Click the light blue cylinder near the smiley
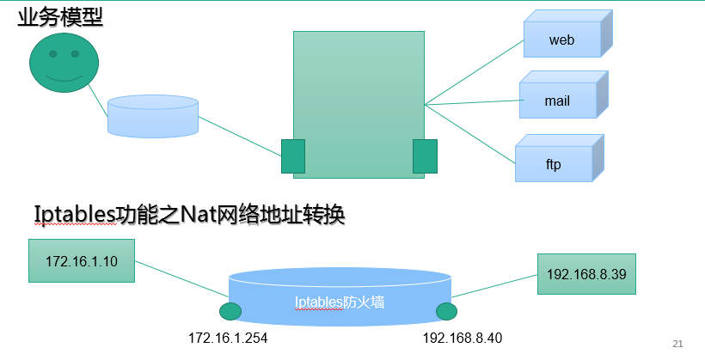click(152, 116)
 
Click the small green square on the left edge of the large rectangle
click(293, 156)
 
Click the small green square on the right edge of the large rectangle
click(425, 156)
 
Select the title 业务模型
click(60, 16)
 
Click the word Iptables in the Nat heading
click(75, 214)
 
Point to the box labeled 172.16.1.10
click(81, 260)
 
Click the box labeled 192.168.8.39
click(586, 275)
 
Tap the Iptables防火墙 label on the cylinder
click(339, 302)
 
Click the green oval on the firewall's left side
click(230, 311)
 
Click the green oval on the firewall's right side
click(445, 311)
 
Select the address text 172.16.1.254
click(228, 339)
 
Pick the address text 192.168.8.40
click(463, 339)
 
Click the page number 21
click(677, 344)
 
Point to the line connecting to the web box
click(475, 72)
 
